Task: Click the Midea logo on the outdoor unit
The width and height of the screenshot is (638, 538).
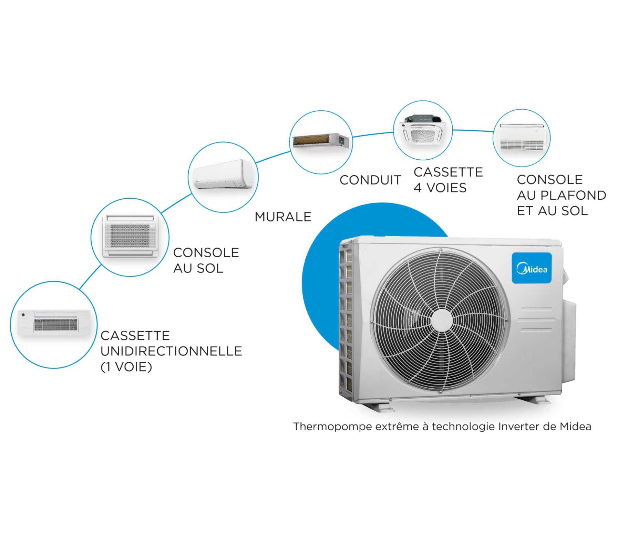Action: click(x=531, y=268)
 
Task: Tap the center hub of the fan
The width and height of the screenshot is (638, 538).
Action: click(x=441, y=320)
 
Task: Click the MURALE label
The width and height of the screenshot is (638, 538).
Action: click(x=283, y=217)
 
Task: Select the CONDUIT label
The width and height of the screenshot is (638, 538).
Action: click(x=370, y=180)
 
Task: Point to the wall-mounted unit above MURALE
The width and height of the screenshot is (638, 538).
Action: click(x=223, y=175)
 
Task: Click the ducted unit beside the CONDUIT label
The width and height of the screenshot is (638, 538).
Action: click(x=321, y=141)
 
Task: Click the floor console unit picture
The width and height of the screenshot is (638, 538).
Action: click(x=130, y=237)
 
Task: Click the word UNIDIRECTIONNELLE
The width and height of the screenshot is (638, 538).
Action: click(x=171, y=351)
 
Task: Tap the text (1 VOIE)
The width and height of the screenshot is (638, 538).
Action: click(x=126, y=367)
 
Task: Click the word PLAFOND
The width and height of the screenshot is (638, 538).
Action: click(x=573, y=195)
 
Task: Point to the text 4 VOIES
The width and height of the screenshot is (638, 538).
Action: click(x=440, y=188)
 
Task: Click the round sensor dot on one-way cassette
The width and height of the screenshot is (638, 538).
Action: click(x=23, y=315)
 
